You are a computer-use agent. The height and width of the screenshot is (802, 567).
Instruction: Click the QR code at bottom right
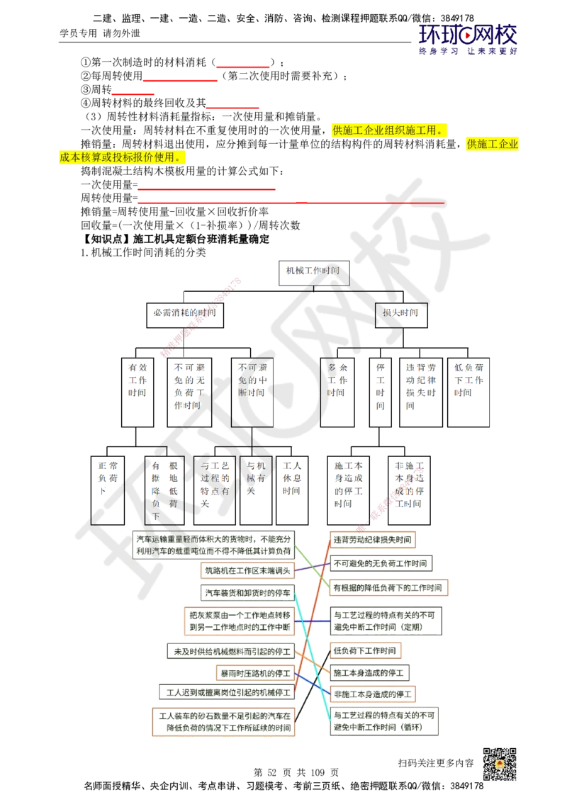tap(499, 764)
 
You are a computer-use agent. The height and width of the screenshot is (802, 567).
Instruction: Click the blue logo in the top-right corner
tap(468, 39)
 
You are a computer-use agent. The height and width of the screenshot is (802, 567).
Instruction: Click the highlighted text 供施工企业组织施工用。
tap(388, 130)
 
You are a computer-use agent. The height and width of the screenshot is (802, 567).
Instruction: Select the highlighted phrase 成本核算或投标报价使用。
tap(123, 157)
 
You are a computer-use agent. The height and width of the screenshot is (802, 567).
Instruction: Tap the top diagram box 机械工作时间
tap(312, 270)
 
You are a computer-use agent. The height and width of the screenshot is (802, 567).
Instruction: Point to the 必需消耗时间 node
tap(185, 312)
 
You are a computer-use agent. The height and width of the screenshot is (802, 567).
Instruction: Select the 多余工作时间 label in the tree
tap(337, 380)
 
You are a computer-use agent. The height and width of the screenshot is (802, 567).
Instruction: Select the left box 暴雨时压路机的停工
tap(256, 671)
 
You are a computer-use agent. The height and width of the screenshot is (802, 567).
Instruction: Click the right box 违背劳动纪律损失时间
tap(374, 538)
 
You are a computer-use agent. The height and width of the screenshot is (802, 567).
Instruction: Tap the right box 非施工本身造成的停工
tap(374, 692)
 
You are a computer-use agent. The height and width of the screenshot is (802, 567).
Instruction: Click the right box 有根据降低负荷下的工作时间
tap(388, 588)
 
